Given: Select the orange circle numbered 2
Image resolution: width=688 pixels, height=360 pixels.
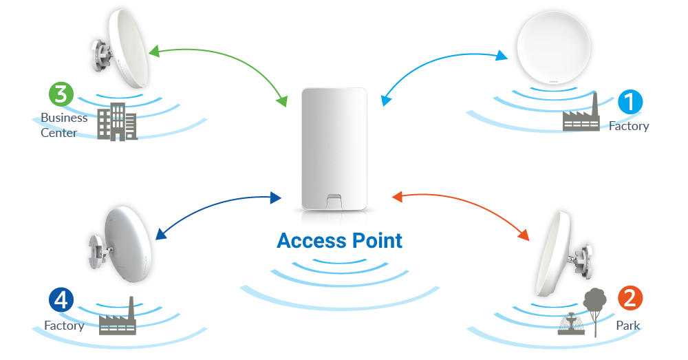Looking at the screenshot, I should point(630,299).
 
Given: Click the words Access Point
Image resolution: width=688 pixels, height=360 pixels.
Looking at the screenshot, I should point(339,241).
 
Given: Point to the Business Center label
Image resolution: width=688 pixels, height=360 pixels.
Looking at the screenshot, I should point(64,125).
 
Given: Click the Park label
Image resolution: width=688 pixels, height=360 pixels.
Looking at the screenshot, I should point(627,325).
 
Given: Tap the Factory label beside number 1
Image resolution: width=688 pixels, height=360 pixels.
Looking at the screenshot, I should point(629,127).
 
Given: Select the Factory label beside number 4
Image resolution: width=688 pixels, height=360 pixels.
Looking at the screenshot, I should point(64,325).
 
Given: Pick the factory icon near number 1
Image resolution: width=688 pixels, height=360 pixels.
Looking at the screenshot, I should point(582,114).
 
